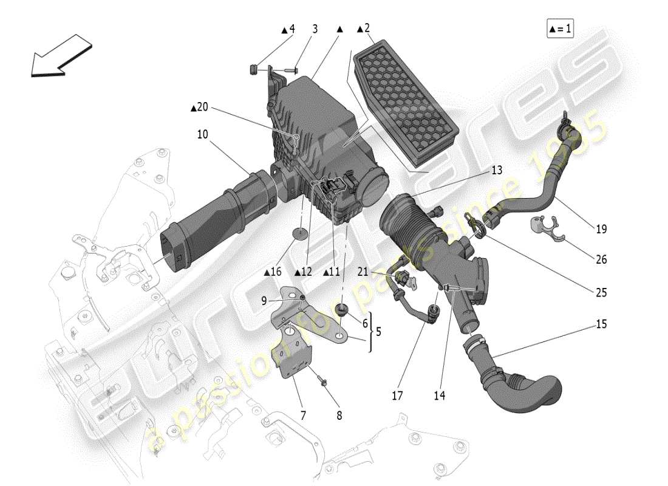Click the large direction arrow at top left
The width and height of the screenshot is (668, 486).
click(61, 56)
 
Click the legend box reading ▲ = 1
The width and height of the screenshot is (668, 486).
click(560, 29)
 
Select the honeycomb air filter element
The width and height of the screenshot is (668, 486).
click(405, 102)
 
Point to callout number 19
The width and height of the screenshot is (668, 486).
click(601, 230)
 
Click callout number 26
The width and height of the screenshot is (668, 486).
click(601, 259)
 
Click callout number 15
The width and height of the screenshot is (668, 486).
click(601, 324)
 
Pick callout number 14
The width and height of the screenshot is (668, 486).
click(439, 395)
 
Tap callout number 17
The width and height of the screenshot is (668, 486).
click(397, 395)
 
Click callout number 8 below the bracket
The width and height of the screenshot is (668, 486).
click(339, 416)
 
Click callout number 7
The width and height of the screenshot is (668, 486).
click(303, 416)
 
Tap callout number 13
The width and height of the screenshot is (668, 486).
click(497, 171)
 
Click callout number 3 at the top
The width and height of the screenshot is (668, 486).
click(315, 29)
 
